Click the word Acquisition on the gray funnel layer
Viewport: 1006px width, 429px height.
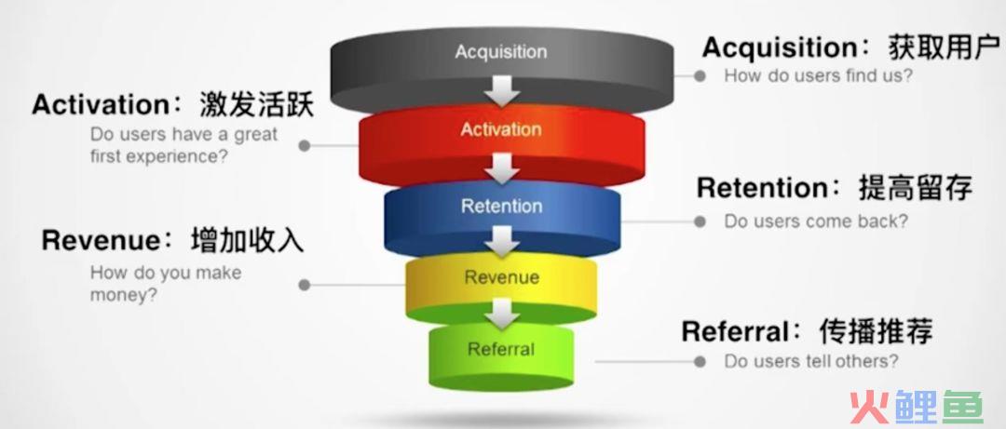[500, 51]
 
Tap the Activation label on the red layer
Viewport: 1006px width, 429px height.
[500, 129]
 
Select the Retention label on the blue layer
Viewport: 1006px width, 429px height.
[501, 206]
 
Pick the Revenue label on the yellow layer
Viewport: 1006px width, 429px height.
[501, 277]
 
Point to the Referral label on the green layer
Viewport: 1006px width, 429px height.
[500, 349]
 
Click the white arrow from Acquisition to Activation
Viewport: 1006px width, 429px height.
[501, 90]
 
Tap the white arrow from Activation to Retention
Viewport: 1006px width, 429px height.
[501, 168]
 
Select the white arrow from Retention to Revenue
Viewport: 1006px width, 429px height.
[501, 240]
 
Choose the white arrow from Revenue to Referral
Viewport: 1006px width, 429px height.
[501, 314]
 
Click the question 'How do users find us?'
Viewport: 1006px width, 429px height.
[818, 75]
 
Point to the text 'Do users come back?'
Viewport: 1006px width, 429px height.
[816, 221]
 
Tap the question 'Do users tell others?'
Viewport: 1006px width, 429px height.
[811, 361]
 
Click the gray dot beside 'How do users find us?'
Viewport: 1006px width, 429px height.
[700, 75]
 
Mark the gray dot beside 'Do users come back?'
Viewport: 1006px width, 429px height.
[700, 221]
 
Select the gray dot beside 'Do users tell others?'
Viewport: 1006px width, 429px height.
[700, 362]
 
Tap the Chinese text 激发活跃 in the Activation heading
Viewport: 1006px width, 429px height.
[257, 104]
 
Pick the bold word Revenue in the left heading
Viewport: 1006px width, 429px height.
[101, 240]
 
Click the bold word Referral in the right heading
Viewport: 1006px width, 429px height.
[735, 332]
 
